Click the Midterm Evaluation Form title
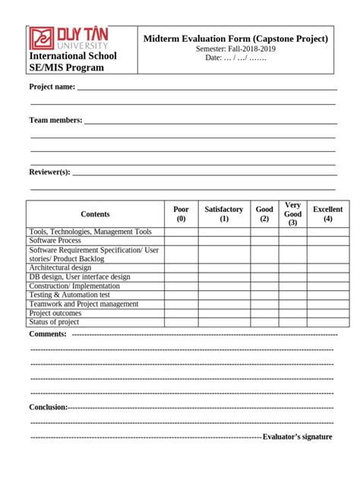click(x=235, y=39)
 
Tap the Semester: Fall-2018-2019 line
click(x=235, y=49)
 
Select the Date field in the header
click(x=235, y=58)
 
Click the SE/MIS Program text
click(x=66, y=68)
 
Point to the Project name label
click(x=52, y=87)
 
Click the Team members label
click(x=55, y=120)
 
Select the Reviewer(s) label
click(x=49, y=172)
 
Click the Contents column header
click(x=95, y=214)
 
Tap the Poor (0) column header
click(x=181, y=214)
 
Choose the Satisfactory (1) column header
click(x=224, y=214)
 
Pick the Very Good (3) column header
click(x=292, y=214)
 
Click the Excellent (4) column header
click(x=327, y=214)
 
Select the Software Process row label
click(x=55, y=241)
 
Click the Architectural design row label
click(x=60, y=267)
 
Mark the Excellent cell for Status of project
click(x=327, y=322)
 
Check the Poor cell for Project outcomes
click(x=181, y=313)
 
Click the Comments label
click(x=48, y=334)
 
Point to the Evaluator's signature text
click(x=297, y=437)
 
